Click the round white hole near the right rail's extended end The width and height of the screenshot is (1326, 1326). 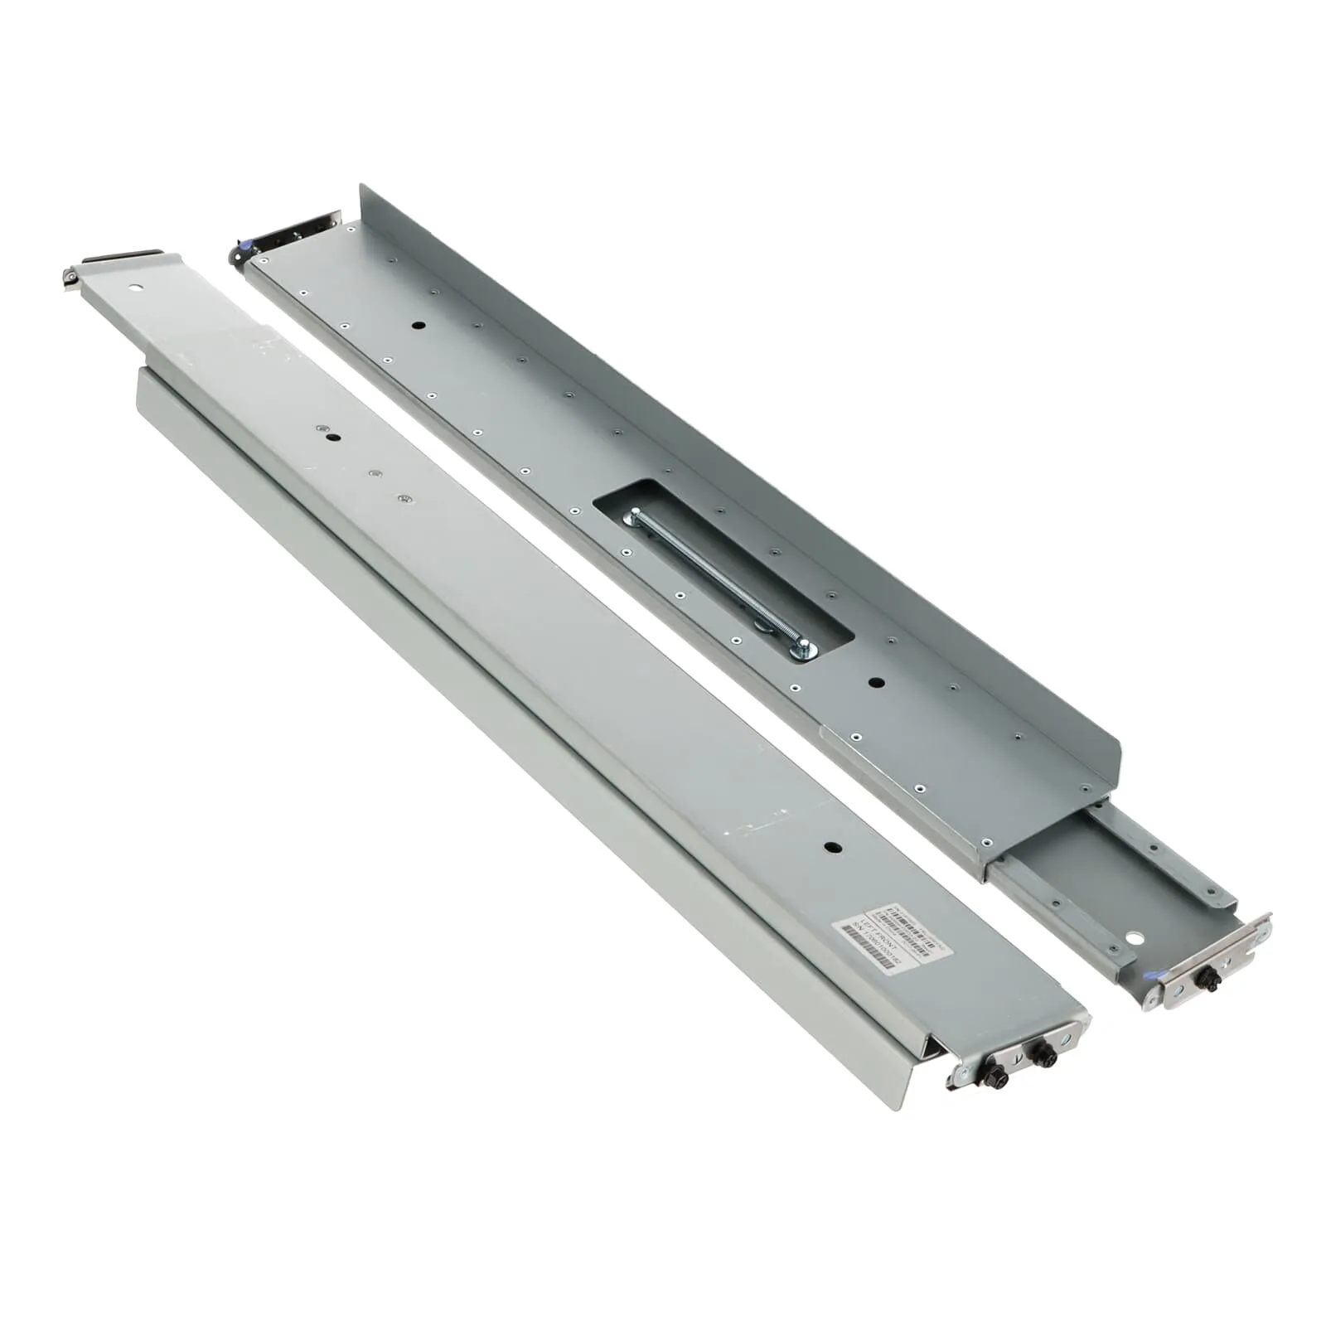[x=1134, y=937]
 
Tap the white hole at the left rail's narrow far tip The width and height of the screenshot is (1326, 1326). [x=135, y=288]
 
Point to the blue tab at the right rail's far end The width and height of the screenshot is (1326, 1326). [x=241, y=246]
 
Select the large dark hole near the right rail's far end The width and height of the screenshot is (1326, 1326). [x=418, y=325]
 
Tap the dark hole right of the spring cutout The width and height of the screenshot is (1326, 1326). [x=876, y=683]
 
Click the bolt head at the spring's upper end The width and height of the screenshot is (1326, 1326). [x=633, y=517]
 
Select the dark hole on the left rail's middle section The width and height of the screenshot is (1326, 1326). [x=332, y=437]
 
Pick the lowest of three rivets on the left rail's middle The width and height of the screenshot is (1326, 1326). [x=404, y=498]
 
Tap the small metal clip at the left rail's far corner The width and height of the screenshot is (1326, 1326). [x=71, y=276]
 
